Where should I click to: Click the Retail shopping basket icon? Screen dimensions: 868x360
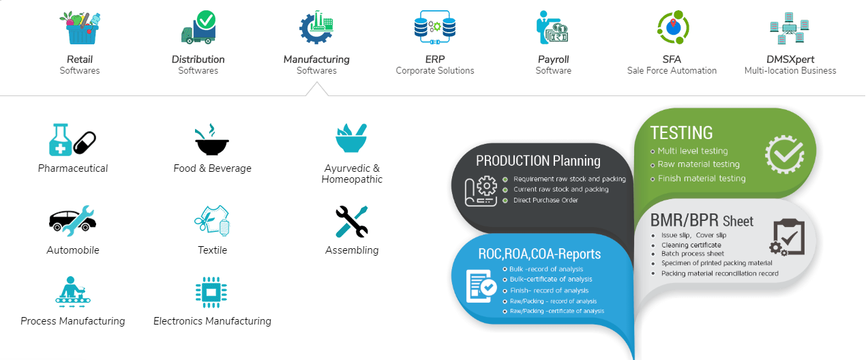point(80,28)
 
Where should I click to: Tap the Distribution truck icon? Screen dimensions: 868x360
point(199,27)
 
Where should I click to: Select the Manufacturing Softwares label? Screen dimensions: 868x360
point(316,65)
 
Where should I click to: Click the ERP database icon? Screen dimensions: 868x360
point(435,27)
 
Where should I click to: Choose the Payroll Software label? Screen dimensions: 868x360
point(554,65)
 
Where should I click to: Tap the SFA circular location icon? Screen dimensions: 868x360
point(673,27)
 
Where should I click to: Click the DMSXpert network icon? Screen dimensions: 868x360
point(790,28)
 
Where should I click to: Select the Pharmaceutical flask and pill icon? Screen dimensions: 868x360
point(72,140)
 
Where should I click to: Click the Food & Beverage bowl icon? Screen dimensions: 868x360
point(211,140)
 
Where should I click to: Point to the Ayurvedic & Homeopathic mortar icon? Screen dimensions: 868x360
point(351,138)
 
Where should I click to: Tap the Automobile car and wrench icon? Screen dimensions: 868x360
point(72,221)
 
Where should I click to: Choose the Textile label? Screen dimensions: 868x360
point(212,250)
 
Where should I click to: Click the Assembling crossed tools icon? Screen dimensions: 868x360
point(351,222)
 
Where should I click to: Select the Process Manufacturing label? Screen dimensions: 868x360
point(73,321)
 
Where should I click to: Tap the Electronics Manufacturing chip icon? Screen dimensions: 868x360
point(211,292)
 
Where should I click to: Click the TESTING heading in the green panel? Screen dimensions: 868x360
point(681,133)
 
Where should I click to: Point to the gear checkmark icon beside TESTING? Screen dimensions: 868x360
point(785,154)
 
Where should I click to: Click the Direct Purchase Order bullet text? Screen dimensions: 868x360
point(545,200)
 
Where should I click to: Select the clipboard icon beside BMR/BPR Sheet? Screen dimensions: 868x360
point(788,237)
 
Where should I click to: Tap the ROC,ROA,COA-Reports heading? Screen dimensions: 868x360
point(539,254)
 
